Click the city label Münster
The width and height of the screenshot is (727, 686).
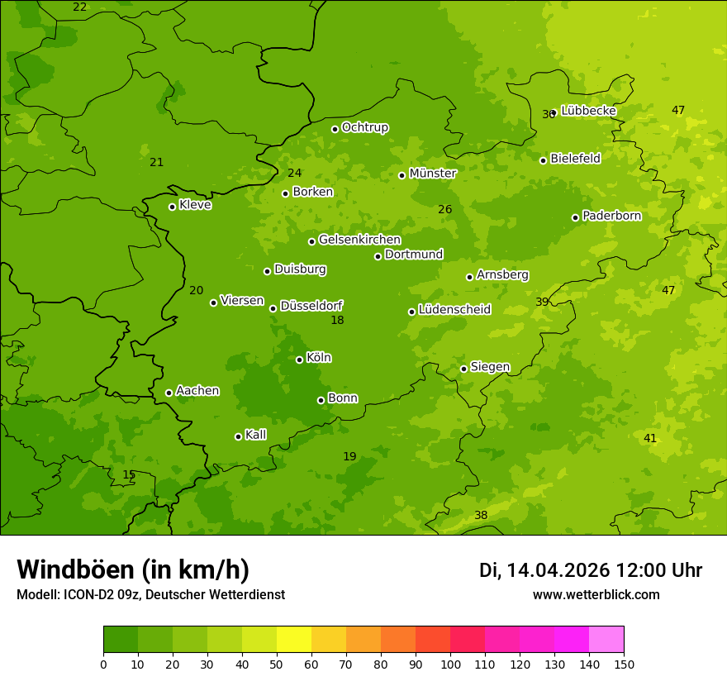pos(432,174)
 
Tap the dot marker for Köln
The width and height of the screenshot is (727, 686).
pos(299,360)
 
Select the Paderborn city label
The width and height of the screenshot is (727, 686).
pos(611,216)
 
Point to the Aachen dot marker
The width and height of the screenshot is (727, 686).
pos(169,393)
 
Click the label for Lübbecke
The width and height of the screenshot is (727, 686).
pos(588,111)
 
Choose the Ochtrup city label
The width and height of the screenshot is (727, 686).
pos(364,127)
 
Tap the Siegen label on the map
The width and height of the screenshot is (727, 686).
pos(490,367)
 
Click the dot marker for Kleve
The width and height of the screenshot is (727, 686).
pos(172,207)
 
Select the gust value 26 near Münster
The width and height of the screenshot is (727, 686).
pos(444,210)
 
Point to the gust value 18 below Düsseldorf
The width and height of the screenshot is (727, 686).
pos(337,321)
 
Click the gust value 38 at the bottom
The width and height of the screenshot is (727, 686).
pos(481,516)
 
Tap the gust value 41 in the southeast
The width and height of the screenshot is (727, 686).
pos(650,439)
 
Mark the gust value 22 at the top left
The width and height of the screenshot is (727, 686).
pos(79,7)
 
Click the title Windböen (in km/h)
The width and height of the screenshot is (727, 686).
pos(133,569)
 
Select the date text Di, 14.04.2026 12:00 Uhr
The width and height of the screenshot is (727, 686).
pos(591,570)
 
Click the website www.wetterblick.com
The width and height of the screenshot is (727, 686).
pos(596,595)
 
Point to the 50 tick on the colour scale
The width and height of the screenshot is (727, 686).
pos(277,664)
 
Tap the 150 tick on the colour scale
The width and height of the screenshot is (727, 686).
pos(623,664)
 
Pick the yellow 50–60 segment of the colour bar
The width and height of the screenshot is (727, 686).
pos(294,640)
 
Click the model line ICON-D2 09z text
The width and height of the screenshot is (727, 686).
pos(150,595)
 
